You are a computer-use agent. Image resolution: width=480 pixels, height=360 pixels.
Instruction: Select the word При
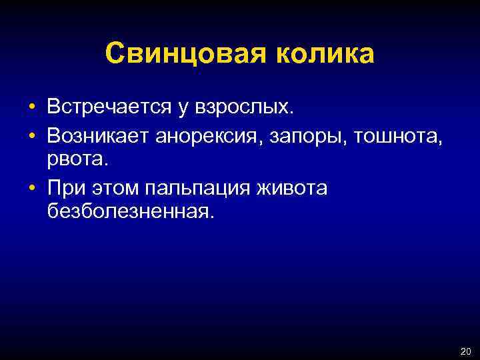pyautogui.click(x=64, y=188)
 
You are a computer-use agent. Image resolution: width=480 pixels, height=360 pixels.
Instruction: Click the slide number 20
pyautogui.click(x=464, y=351)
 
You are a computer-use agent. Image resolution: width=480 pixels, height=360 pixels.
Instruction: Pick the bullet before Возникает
pyautogui.click(x=32, y=137)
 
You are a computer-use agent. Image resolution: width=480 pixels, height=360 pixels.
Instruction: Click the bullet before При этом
pyautogui.click(x=32, y=189)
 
